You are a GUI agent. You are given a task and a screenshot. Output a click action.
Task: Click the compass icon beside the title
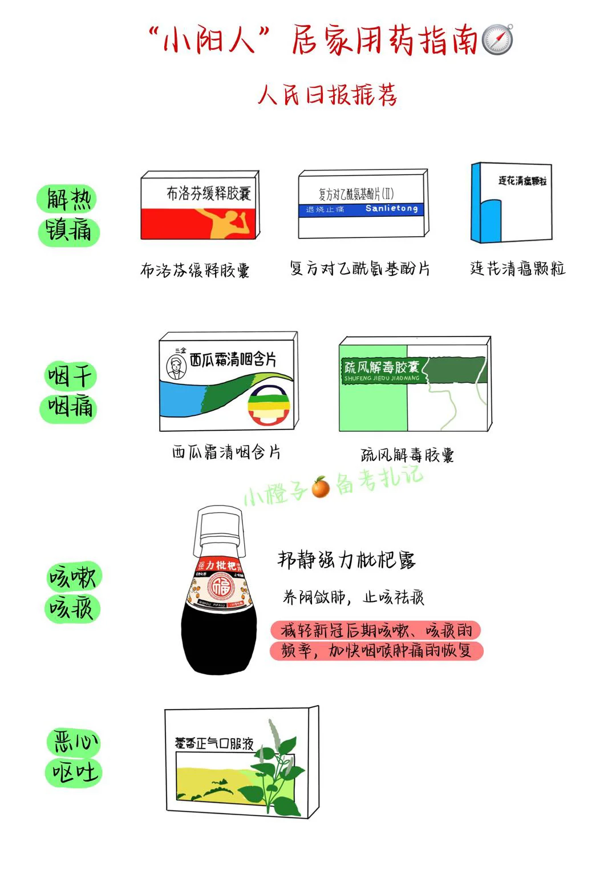[x=497, y=40]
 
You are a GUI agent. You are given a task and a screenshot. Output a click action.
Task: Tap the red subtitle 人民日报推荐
[x=327, y=95]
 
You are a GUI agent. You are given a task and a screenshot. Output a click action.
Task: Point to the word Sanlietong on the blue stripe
[x=391, y=209]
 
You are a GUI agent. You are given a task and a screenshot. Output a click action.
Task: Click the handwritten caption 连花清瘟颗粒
[x=517, y=268]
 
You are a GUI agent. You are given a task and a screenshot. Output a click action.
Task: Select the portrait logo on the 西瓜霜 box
[x=176, y=366]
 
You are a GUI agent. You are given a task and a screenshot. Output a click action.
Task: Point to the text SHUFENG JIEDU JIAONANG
[x=382, y=378]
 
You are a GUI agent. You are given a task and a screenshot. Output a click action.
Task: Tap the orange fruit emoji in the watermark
[x=321, y=488]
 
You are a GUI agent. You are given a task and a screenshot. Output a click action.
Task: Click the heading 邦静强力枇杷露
[x=347, y=560]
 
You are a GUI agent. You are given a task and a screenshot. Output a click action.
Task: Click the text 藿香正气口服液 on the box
[x=214, y=743]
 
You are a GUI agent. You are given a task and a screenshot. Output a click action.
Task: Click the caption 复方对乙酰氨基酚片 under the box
[x=360, y=268]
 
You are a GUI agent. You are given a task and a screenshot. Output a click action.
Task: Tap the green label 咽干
[x=70, y=377]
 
